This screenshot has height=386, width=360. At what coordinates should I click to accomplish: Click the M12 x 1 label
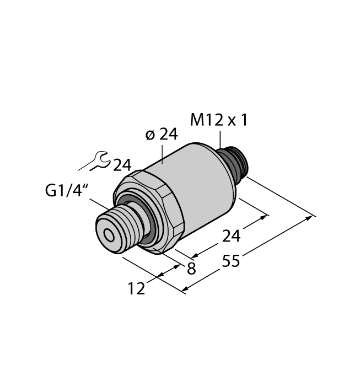[219, 120]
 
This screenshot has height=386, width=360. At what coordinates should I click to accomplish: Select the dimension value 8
[191, 269]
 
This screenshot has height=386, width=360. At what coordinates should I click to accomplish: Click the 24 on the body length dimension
[231, 237]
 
